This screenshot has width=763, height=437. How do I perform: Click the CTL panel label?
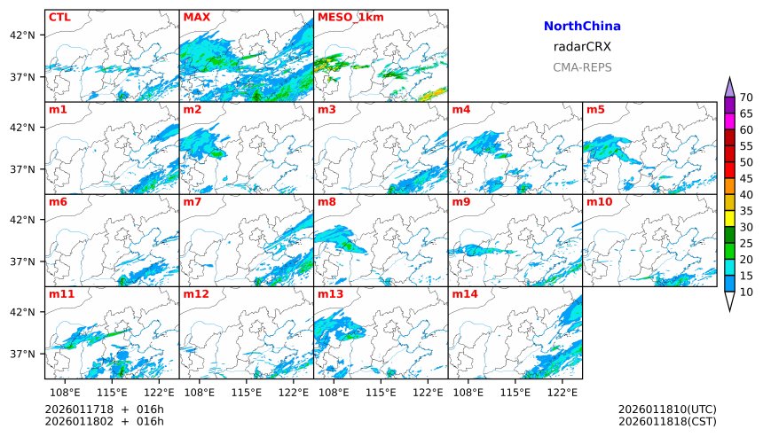tap(59, 17)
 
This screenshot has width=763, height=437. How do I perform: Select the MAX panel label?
tap(197, 17)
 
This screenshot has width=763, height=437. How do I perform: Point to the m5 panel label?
tap(595, 110)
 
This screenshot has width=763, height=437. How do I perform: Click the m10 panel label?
tap(599, 202)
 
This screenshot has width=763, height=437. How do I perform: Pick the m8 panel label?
tap(326, 202)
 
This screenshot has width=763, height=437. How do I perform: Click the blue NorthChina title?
tap(582, 27)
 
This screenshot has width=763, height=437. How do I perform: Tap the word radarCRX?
tap(582, 47)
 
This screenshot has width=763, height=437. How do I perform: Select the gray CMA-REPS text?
tap(582, 67)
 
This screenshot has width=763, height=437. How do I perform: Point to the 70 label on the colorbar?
tap(746, 98)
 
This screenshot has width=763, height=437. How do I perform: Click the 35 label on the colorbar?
tap(746, 211)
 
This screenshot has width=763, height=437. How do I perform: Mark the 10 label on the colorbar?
tap(746, 292)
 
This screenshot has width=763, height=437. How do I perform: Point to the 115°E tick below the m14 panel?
tap(515, 391)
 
